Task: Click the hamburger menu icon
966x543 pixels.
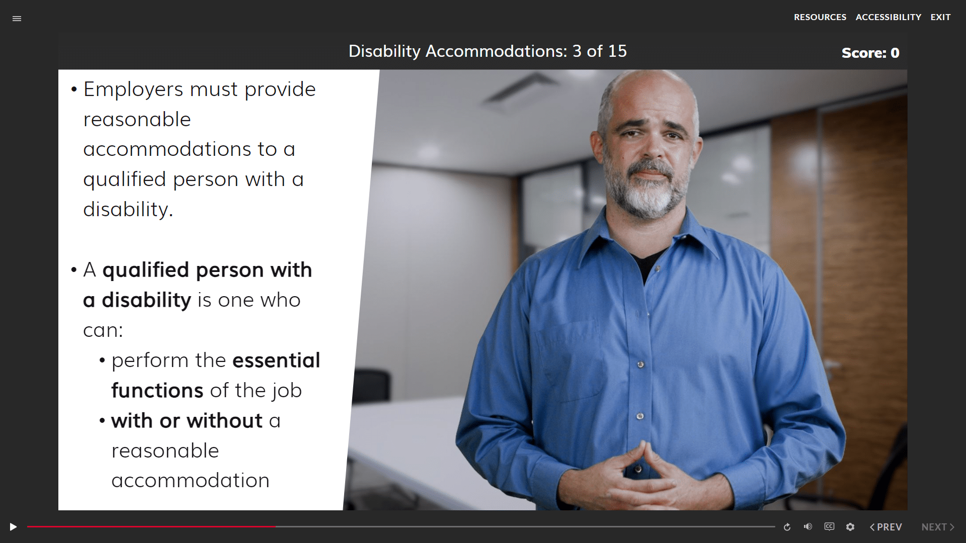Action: (x=17, y=19)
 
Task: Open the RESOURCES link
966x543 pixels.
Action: (x=820, y=17)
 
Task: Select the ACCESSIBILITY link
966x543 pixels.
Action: (x=889, y=17)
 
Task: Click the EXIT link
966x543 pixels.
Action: (x=940, y=17)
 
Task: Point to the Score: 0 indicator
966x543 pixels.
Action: (x=870, y=53)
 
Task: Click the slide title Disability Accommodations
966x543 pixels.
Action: (x=458, y=51)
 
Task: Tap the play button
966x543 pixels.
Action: (x=13, y=527)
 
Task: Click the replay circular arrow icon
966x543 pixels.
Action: (x=787, y=527)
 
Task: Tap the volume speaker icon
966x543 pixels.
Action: (x=808, y=526)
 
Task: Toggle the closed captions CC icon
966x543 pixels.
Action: (x=829, y=526)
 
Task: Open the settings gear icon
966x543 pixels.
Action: (x=850, y=527)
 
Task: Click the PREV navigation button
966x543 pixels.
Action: (x=886, y=527)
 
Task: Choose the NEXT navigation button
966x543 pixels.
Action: (x=938, y=527)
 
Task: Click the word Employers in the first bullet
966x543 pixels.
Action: (x=133, y=90)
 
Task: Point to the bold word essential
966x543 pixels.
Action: (x=276, y=360)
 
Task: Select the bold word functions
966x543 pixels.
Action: (x=157, y=391)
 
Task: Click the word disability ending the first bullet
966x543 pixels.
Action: (x=128, y=210)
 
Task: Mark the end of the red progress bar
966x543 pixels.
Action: (x=275, y=527)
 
